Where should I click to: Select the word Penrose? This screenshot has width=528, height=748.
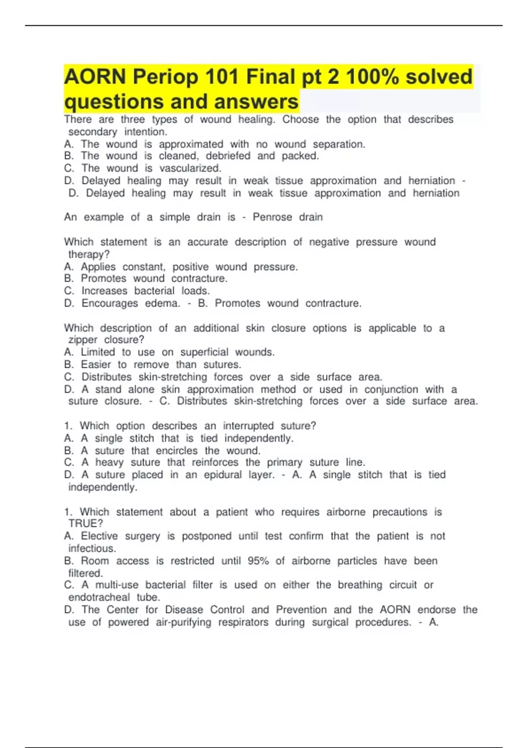[x=272, y=217]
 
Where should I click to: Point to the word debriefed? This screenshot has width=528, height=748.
[x=228, y=156]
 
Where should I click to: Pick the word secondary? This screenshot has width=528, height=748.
[x=92, y=132]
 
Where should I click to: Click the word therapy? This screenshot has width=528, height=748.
[x=89, y=254]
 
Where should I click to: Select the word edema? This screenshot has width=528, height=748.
[x=162, y=303]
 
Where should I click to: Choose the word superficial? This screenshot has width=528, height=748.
[x=204, y=352]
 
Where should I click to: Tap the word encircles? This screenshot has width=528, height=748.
[x=177, y=451]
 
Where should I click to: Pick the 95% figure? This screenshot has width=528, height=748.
[x=258, y=561]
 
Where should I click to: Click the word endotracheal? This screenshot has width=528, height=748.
[x=99, y=597]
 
